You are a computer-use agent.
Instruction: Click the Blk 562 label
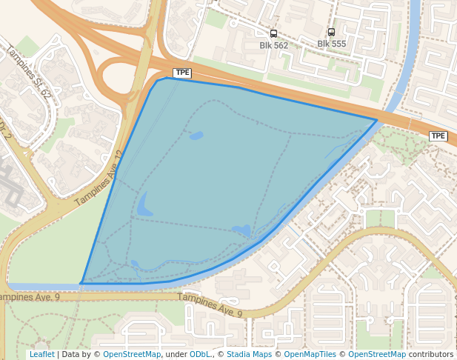pos(273,45)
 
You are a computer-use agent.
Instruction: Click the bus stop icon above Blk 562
pos(273,33)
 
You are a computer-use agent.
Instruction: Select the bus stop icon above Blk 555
pos(331,32)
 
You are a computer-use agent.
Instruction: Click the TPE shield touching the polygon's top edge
pos(182,73)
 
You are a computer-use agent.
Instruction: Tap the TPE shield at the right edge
pos(438,136)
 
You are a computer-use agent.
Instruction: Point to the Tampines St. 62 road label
pos(30,73)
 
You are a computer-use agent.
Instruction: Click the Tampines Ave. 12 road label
pos(100,179)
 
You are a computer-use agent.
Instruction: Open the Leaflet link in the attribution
pos(41,355)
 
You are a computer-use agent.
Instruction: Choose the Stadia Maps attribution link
pos(249,355)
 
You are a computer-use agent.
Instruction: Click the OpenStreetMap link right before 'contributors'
pos(377,355)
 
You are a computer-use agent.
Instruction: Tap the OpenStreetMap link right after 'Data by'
pos(132,355)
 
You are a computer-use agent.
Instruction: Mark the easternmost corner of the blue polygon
pos(377,120)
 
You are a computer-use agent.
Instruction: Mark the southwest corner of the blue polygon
pos(81,283)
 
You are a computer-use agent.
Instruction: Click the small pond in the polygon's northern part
pos(196,136)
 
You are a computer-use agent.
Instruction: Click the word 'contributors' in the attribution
pos(430,355)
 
